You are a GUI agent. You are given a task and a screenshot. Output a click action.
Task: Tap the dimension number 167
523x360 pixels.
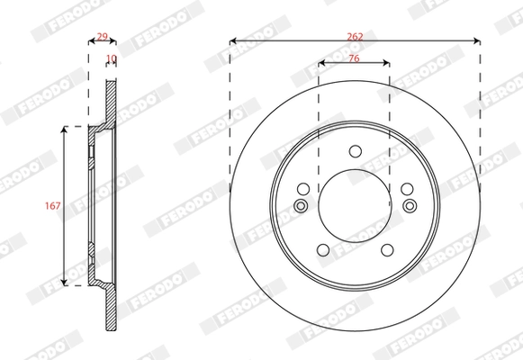(52, 206)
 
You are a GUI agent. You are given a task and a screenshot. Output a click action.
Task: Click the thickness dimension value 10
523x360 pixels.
(112, 58)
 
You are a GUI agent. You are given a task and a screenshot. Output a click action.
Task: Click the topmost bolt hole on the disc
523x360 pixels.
(354, 150)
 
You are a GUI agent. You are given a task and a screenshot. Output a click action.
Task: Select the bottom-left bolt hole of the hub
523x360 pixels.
(322, 251)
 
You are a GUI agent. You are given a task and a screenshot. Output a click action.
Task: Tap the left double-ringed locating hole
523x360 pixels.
(301, 207)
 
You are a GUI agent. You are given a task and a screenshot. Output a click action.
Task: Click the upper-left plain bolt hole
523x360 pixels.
(302, 189)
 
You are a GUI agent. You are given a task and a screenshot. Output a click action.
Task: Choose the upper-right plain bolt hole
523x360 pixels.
(406, 189)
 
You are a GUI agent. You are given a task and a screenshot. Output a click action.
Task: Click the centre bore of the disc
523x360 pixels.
(354, 206)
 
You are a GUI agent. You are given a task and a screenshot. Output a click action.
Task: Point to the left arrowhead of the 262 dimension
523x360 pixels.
(232, 40)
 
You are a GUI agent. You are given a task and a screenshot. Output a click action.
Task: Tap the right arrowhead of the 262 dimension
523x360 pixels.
(476, 40)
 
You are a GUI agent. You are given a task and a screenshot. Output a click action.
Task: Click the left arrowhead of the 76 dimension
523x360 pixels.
(321, 63)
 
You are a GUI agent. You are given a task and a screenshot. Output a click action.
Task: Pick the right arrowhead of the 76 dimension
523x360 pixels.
(387, 63)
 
